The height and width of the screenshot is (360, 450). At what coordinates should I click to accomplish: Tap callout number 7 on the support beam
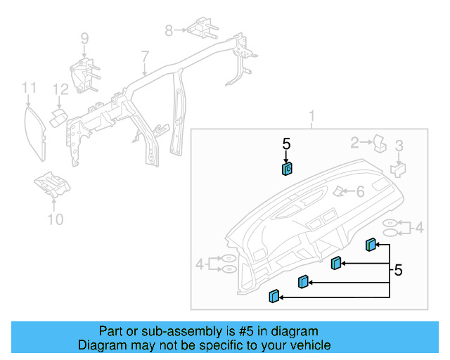[144, 56]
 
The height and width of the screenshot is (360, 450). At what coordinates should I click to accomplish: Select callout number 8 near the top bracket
[169, 30]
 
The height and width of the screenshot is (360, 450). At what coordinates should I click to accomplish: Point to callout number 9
[84, 38]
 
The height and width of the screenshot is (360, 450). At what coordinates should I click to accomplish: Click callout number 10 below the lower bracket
[55, 219]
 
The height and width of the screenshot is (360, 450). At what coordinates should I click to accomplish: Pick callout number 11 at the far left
[28, 87]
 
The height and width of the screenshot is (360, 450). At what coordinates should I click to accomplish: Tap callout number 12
[60, 89]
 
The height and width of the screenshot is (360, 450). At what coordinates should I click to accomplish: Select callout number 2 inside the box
[355, 143]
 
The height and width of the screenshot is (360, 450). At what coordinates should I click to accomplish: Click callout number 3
[399, 146]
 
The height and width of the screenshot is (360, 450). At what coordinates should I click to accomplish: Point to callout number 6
[359, 191]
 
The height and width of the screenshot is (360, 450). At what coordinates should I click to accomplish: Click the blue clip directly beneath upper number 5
[287, 169]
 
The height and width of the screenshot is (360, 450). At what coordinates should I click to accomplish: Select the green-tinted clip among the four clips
[336, 263]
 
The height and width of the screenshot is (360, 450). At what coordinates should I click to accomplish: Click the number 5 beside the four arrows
[399, 270]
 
